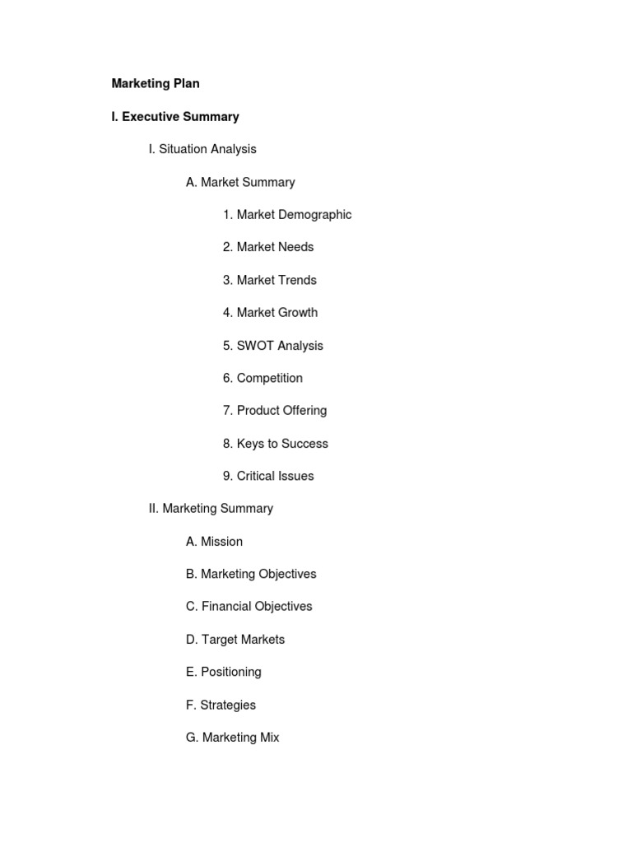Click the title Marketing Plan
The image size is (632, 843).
pos(156,84)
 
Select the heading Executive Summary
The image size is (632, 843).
pos(175,117)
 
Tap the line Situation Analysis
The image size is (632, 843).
pos(202,149)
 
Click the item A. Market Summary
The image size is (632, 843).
pos(240,182)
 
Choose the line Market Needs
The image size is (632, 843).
pos(268,247)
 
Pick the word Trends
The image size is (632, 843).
pos(298,280)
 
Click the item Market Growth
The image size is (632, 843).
pos(270,313)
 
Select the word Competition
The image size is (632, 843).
pos(270,378)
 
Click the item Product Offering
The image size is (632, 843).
pos(275,411)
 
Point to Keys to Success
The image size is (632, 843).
pos(276,444)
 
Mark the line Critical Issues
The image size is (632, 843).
pos(268,476)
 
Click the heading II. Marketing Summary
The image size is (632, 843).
pos(211,509)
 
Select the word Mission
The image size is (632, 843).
pos(222,542)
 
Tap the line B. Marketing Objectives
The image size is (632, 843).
pos(251,574)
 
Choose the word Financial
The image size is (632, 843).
pos(227,607)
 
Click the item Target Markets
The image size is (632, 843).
pos(235,640)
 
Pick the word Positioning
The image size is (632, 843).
pos(231,672)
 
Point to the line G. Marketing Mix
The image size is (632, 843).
pos(233,738)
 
